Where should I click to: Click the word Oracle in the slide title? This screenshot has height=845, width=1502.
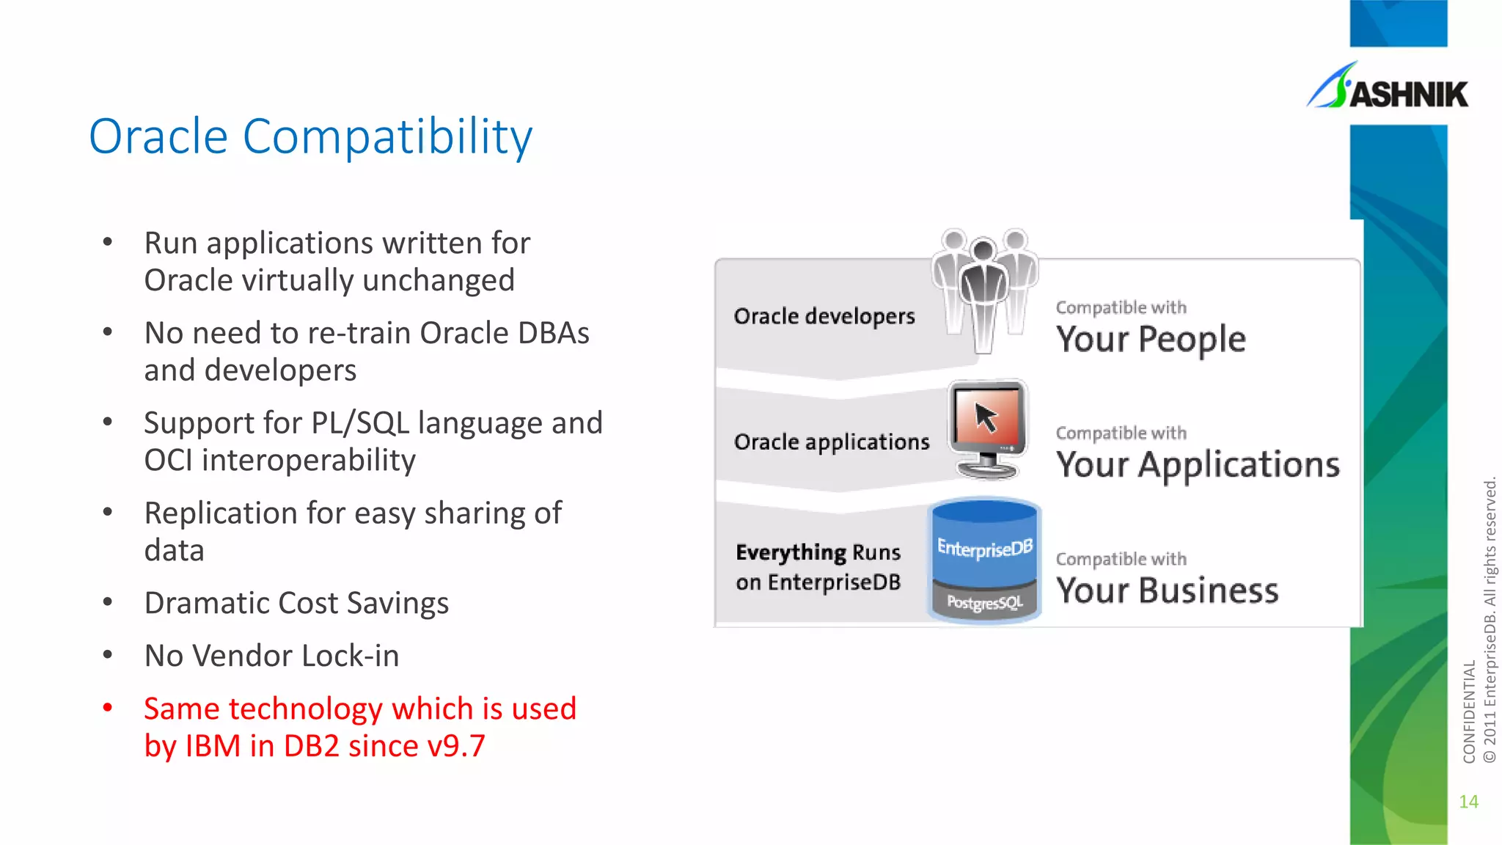[158, 136]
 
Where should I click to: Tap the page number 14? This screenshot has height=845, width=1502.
[1468, 802]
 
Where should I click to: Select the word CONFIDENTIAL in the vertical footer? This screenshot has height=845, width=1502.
[1469, 712]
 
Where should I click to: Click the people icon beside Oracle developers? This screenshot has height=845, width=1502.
[984, 290]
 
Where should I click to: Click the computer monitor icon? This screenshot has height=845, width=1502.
[987, 428]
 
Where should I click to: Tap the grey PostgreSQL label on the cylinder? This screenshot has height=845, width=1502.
[984, 603]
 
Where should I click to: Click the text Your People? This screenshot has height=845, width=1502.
[1150, 340]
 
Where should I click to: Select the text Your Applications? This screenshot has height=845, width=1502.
[1197, 465]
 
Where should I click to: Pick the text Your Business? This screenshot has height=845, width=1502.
[1167, 590]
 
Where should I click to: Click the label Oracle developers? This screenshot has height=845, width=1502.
[824, 316]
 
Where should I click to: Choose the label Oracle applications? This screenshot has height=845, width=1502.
[832, 442]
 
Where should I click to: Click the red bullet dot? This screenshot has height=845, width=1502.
[108, 708]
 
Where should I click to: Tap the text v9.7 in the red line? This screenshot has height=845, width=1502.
[455, 746]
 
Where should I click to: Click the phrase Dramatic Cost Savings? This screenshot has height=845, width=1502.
[296, 603]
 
